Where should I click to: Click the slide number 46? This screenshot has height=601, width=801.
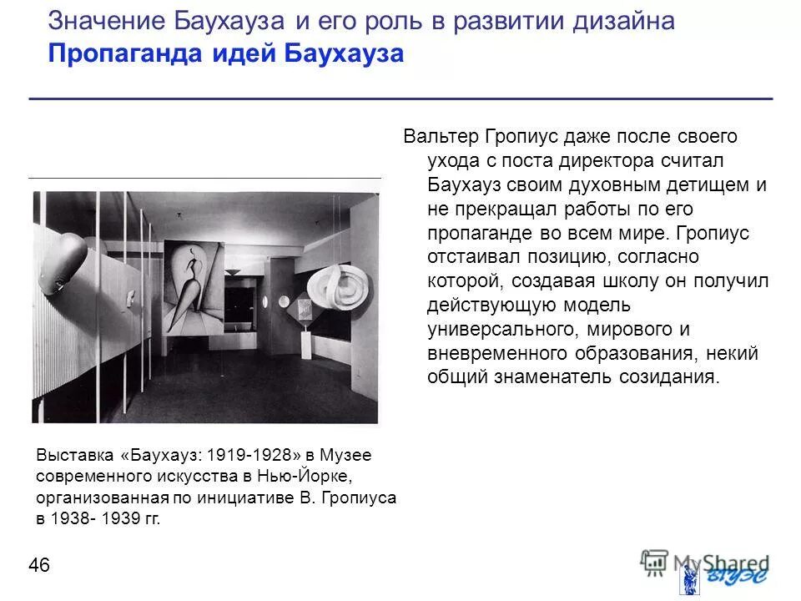39,566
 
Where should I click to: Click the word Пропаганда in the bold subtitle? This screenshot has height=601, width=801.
105,53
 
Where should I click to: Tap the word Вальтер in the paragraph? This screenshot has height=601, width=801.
440,136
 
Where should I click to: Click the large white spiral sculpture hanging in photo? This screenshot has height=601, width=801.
344,289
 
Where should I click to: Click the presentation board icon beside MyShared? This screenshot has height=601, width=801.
654,562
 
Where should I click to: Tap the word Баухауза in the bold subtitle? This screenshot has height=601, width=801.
345,53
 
